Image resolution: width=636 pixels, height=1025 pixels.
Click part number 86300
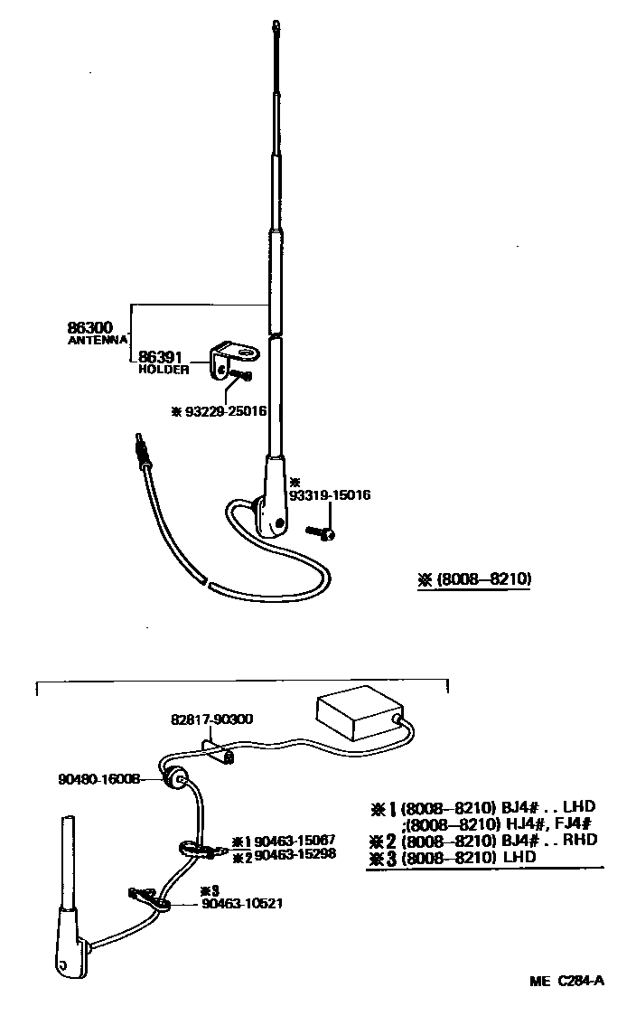pos(90,326)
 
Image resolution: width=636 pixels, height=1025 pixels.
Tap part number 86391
pos(160,358)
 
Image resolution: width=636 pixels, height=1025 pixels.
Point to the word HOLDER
pos(164,370)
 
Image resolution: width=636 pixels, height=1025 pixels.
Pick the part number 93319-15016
pos(330,495)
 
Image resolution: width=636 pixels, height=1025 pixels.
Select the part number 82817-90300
pos(211,719)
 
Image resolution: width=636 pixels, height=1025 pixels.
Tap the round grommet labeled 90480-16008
pos(175,779)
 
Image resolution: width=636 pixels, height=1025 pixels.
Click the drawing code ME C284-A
pos(566,980)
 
